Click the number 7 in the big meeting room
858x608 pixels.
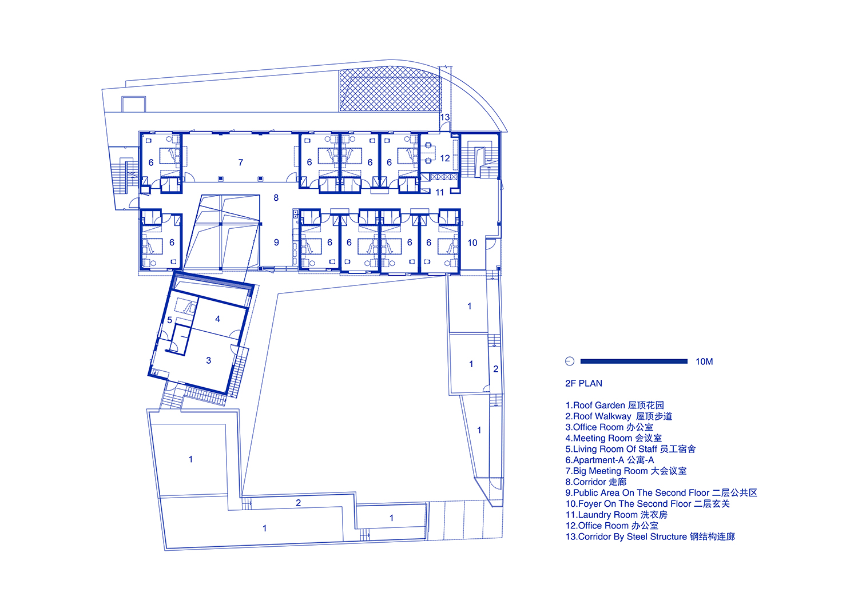[241, 162]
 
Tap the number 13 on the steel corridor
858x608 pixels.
[444, 117]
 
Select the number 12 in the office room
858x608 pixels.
[444, 158]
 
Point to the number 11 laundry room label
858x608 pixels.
[439, 192]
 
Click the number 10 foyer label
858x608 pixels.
[472, 243]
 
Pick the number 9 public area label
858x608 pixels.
[276, 242]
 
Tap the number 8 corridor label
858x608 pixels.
[276, 198]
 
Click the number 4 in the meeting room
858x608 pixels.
[217, 319]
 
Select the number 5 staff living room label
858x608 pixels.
[170, 320]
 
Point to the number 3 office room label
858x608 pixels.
[208, 360]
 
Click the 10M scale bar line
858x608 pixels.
[634, 361]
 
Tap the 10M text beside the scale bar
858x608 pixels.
[704, 361]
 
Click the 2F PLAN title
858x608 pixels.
[583, 383]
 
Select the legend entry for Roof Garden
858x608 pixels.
[614, 406]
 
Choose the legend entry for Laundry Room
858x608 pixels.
[616, 515]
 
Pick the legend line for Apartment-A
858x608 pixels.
[609, 460]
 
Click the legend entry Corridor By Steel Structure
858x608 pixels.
[650, 537]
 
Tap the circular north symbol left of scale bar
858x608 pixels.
[570, 361]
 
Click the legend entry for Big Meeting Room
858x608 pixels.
[626, 471]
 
